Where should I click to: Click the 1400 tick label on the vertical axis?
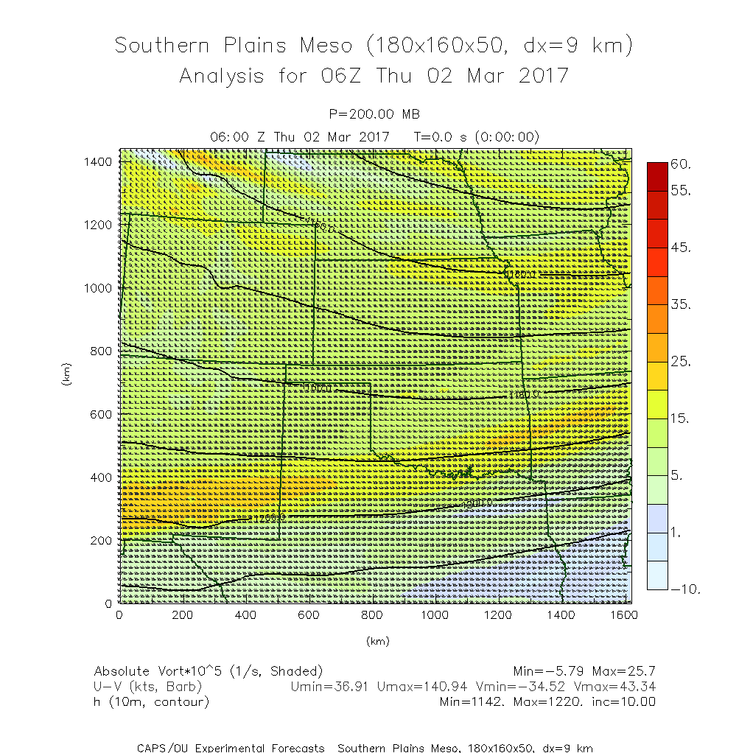click(97, 161)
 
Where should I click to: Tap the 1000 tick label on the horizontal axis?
click(435, 614)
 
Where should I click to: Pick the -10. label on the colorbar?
click(684, 589)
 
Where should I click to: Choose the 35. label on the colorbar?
click(681, 304)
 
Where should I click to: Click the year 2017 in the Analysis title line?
click(543, 76)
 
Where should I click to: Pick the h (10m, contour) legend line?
click(152, 702)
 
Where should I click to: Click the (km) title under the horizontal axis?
click(376, 641)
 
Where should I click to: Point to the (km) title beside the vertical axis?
click(67, 376)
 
